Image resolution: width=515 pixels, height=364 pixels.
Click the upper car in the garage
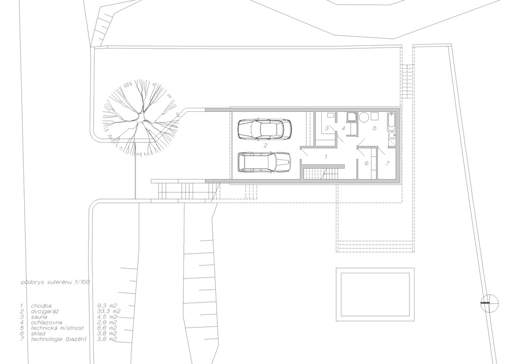click(x=264, y=129)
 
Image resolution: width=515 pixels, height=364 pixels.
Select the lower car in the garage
click(x=264, y=162)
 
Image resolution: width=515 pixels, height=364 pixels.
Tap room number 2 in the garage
click(x=265, y=145)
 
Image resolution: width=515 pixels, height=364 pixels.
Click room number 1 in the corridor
click(x=326, y=157)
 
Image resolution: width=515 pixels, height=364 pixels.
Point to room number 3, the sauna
click(x=327, y=128)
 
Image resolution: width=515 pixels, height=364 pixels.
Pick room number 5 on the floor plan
click(x=374, y=128)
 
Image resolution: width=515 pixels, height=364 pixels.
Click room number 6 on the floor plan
click(x=367, y=163)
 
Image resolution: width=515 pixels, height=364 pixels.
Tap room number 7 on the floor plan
click(x=388, y=163)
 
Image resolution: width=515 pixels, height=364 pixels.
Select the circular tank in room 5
click(x=364, y=117)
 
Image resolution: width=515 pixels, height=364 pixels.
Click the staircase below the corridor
click(x=320, y=174)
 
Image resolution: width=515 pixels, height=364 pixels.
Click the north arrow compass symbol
click(x=490, y=303)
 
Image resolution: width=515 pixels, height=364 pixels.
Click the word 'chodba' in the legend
click(x=41, y=306)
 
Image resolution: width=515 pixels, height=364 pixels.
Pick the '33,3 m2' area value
click(x=109, y=311)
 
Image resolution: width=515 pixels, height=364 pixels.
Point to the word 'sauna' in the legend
click(x=39, y=317)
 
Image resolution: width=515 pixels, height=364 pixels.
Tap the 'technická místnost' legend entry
click(x=58, y=328)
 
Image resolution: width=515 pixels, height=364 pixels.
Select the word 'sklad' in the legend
click(x=39, y=334)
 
